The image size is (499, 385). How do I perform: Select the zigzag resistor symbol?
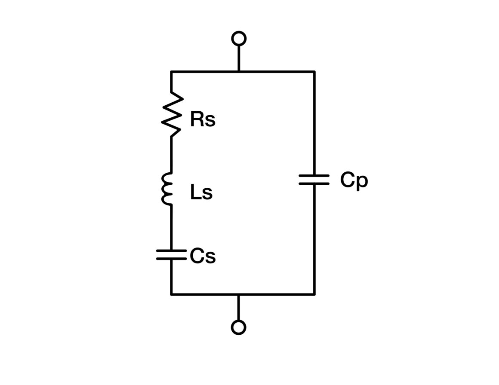tap(172, 114)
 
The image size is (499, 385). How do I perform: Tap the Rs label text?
tap(203, 119)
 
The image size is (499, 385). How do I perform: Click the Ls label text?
tap(201, 192)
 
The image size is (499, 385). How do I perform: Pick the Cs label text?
tap(203, 256)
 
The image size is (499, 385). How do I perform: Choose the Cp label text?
tap(354, 180)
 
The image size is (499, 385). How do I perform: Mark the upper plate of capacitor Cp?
tap(314, 175)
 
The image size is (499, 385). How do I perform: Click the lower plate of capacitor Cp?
tap(314, 183)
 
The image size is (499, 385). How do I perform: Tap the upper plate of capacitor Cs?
tap(171, 251)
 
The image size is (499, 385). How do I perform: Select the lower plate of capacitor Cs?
tap(171, 259)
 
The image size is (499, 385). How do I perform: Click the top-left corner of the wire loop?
tap(172, 72)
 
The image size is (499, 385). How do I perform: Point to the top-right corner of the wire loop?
tap(314, 72)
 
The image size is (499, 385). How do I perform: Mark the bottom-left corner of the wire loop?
tap(172, 294)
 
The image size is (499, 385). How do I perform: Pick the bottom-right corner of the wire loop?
tap(314, 294)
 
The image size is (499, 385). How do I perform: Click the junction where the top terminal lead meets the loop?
tap(239, 72)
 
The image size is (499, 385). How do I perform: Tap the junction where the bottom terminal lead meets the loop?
tap(238, 294)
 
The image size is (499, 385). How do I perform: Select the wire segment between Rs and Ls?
tap(172, 155)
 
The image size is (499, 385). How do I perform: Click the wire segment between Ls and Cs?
tap(172, 227)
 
